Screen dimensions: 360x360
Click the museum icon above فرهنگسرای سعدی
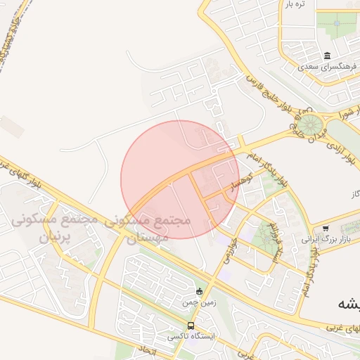click(x=327, y=56)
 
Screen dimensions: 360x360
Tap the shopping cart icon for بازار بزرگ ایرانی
click(x=326, y=228)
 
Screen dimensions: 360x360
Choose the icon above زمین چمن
click(x=199, y=291)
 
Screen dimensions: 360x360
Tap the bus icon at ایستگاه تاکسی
click(x=191, y=326)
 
